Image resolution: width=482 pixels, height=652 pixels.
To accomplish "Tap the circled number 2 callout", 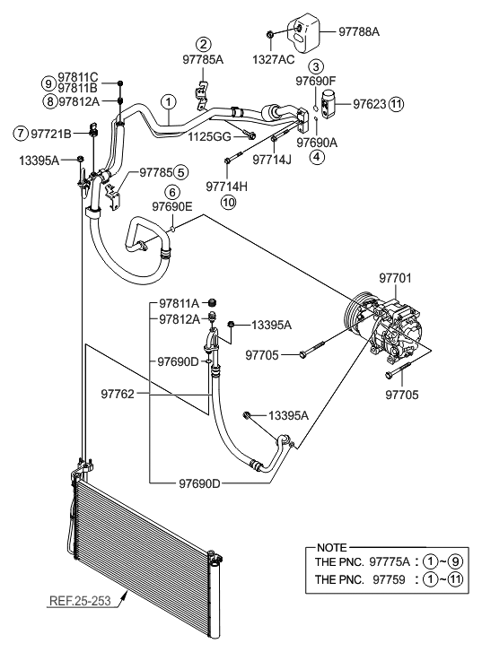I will point(205,45).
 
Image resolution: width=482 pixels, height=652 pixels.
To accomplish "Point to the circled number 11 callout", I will point(396,104).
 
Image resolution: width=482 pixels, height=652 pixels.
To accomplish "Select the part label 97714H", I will point(227,187).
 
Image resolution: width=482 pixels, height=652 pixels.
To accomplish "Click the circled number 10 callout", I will point(228,202).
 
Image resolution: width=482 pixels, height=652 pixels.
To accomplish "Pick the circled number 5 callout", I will point(180,172).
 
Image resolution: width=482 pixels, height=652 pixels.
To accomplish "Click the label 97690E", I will point(171,206).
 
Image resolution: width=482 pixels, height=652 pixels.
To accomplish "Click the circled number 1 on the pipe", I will point(167,101).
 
